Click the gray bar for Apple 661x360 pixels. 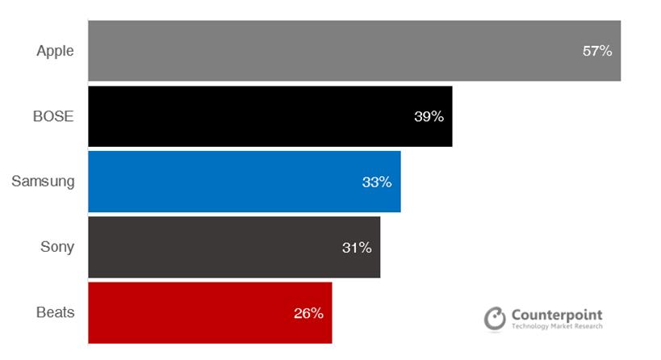tap(323, 51)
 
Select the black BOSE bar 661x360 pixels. tap(242, 116)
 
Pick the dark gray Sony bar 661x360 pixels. tap(210, 247)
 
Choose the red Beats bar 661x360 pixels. tap(186, 312)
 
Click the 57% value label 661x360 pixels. tap(597, 51)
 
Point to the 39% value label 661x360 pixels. tap(429, 116)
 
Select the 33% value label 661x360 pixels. tap(377, 182)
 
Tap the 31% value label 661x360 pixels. tap(357, 247)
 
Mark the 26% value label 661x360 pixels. tap(308, 312)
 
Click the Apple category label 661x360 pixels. tap(55, 51)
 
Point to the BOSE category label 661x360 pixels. tap(52, 116)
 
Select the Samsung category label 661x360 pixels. tap(43, 182)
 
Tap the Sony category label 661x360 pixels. tap(57, 247)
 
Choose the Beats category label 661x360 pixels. tap(56, 312)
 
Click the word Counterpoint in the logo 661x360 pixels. tap(557, 315)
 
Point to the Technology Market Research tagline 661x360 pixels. tap(557, 327)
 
